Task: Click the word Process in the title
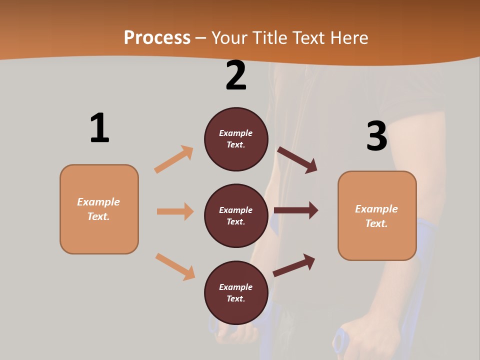click(x=157, y=38)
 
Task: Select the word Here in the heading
click(x=349, y=38)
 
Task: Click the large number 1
click(x=99, y=128)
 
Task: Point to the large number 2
click(x=236, y=75)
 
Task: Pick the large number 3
click(x=376, y=136)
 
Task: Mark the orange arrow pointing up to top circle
click(x=174, y=159)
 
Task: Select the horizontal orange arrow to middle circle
click(x=175, y=211)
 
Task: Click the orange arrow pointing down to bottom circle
click(x=175, y=266)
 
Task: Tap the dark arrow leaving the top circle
click(x=297, y=160)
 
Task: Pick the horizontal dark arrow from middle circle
click(x=296, y=210)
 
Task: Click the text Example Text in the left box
click(x=98, y=209)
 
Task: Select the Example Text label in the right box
click(x=376, y=216)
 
